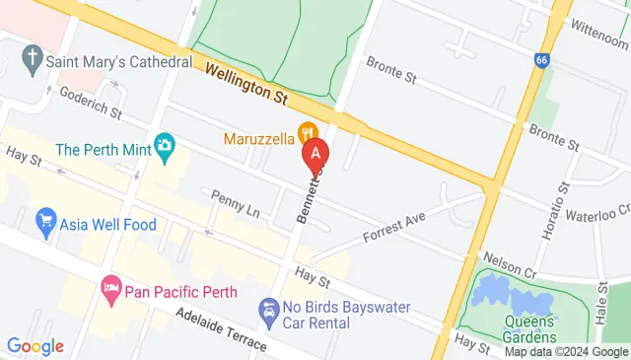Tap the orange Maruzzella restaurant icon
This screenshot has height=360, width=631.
[309, 131]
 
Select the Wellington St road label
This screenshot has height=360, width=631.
[246, 82]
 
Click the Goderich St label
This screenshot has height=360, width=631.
[90, 101]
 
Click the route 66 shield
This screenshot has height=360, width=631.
[542, 59]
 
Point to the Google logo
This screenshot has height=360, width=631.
[35, 346]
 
